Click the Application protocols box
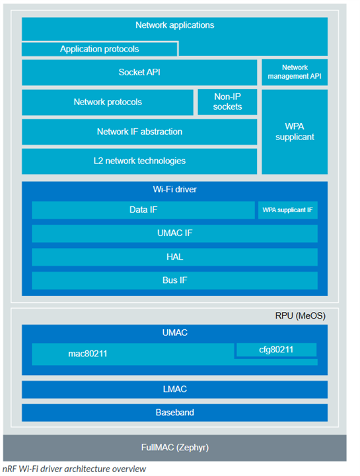(x=100, y=49)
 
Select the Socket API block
(x=139, y=72)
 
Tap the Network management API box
(x=295, y=72)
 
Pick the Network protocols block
(x=108, y=102)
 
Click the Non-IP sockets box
(x=227, y=102)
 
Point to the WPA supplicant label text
(x=295, y=132)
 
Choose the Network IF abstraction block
(x=139, y=132)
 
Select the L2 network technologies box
(x=139, y=161)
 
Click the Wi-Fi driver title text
(x=174, y=190)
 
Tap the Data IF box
(x=143, y=210)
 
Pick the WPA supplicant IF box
(x=288, y=210)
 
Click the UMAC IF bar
(x=174, y=233)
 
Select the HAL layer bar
(x=174, y=257)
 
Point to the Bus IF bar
(x=174, y=280)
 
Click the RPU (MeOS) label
(x=301, y=316)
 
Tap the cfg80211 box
(x=276, y=350)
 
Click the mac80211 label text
(x=88, y=354)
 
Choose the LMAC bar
(x=174, y=389)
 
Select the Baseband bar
(x=174, y=413)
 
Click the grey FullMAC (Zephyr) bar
(x=174, y=448)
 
